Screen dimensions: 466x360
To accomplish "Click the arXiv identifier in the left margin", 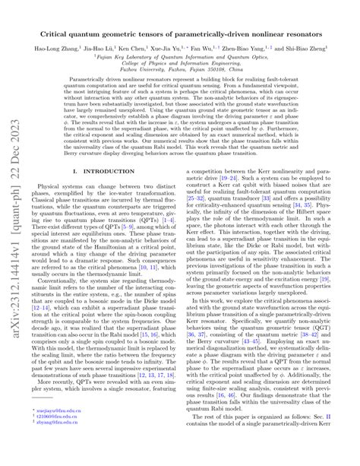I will [14, 232].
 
